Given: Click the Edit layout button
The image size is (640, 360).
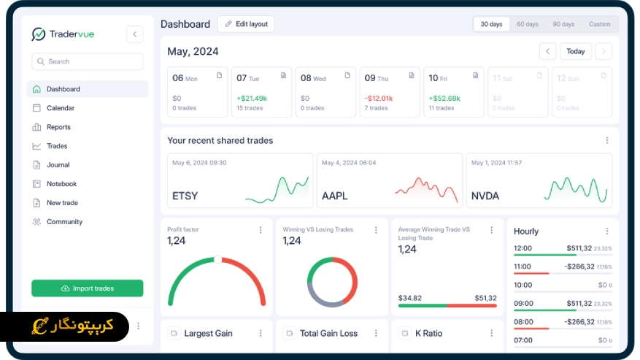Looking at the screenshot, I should tap(246, 24).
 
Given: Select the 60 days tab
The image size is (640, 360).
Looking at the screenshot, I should tap(527, 24).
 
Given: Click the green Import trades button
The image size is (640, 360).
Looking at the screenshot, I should tap(88, 288).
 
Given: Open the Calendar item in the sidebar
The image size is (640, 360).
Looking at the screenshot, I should tap(61, 108).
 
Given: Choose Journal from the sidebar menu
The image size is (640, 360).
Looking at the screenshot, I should tap(58, 165).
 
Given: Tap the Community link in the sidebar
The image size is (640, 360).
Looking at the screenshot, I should tap(64, 222).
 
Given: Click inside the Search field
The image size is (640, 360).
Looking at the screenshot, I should tap(88, 61).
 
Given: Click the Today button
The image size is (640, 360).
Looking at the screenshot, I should tap(576, 51).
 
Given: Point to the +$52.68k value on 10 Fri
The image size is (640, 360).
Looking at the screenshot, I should tap(444, 98).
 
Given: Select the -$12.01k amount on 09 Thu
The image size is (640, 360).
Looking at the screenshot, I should tap(379, 98).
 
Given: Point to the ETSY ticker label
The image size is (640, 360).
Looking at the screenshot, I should tap(185, 196).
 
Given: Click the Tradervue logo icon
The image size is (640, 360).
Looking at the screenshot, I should tap(39, 34).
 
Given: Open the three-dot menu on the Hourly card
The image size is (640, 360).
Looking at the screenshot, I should tap(606, 231).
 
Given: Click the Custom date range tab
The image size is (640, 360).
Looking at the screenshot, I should tap(599, 24).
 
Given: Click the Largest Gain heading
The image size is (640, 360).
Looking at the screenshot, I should tap(208, 333).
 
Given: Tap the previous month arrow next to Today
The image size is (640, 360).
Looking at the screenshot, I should tap(547, 51).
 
